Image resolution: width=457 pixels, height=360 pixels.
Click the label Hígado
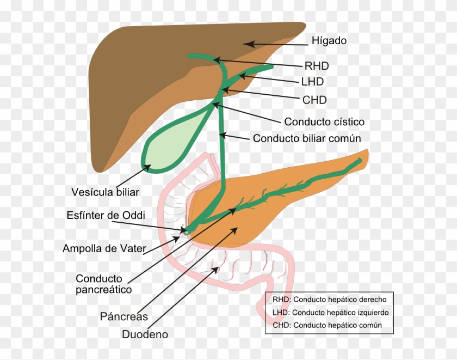click(329, 41)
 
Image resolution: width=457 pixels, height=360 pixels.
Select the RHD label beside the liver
click(317, 66)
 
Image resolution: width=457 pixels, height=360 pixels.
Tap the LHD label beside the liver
click(312, 82)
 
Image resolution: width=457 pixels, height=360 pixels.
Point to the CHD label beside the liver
click(314, 100)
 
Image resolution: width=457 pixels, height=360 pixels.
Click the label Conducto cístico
click(324, 122)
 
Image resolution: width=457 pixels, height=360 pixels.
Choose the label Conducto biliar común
click(307, 138)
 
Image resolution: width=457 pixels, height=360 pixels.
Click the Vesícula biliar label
click(106, 192)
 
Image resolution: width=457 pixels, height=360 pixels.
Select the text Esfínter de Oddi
click(103, 215)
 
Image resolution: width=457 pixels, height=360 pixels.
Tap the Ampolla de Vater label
click(104, 249)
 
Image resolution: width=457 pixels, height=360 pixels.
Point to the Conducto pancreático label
click(103, 284)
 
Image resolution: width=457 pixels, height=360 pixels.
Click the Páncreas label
click(123, 316)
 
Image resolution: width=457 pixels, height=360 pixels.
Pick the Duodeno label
click(145, 334)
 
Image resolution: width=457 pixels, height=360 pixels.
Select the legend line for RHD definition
click(329, 300)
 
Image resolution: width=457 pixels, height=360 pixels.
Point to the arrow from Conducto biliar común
click(237, 137)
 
